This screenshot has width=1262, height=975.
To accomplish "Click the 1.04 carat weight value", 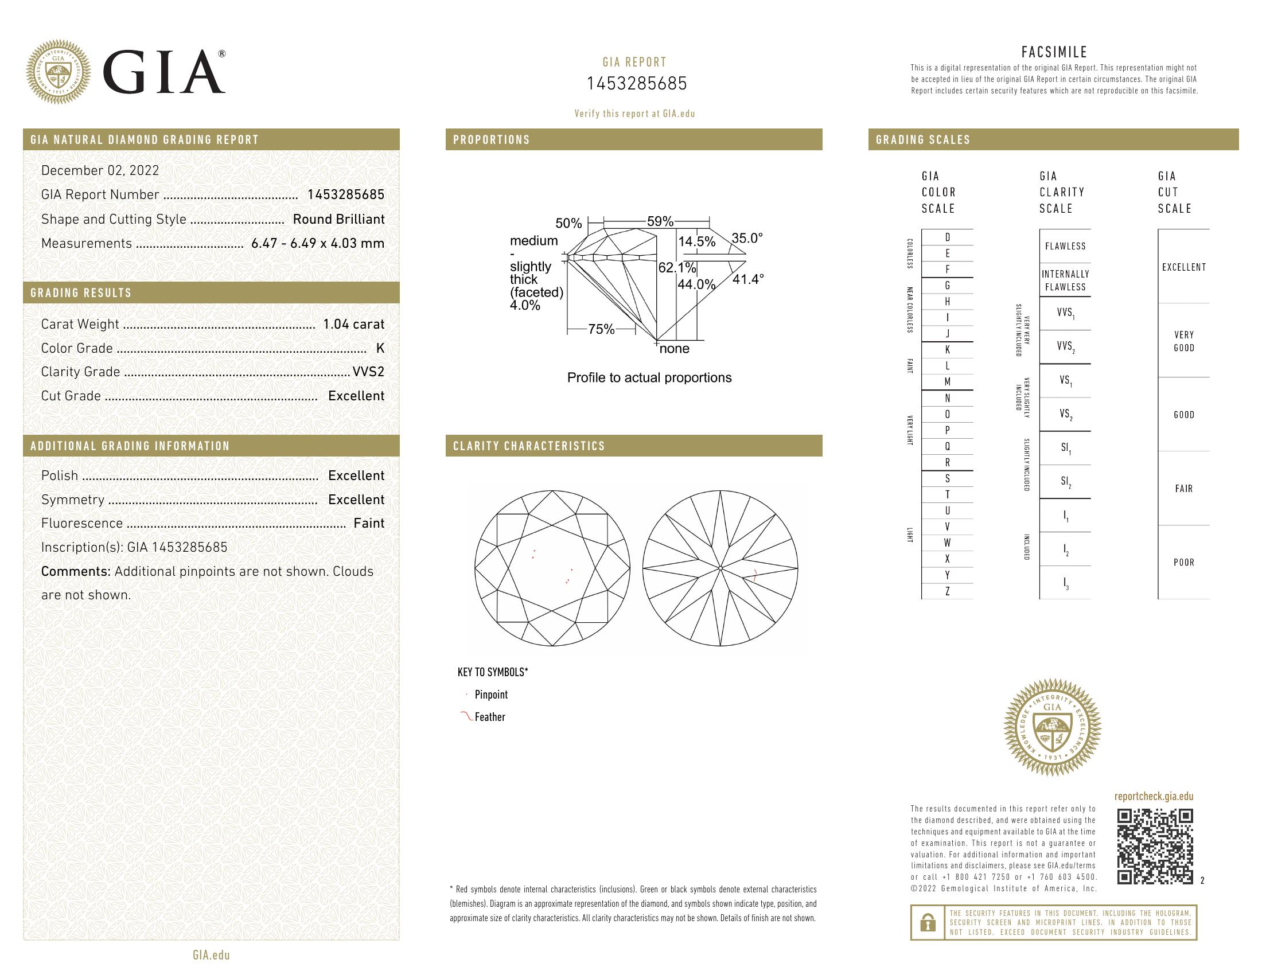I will [x=353, y=324].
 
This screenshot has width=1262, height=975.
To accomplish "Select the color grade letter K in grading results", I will [x=380, y=348].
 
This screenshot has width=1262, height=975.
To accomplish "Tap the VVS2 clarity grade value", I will [x=368, y=372].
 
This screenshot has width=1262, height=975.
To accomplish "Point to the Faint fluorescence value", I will [x=369, y=523].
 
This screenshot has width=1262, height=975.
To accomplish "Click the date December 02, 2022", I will [x=100, y=170].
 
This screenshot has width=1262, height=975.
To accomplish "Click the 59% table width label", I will [x=660, y=221].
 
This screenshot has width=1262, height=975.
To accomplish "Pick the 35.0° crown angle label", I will [x=747, y=238].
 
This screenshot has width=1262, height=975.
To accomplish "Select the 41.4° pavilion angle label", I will [x=748, y=279].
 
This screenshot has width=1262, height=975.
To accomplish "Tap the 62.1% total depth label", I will [x=677, y=268].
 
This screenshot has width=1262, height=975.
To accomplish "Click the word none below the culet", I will [x=675, y=349].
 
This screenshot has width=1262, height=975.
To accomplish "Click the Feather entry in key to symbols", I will [x=489, y=717].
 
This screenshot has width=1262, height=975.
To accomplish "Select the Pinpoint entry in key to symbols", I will [x=491, y=695].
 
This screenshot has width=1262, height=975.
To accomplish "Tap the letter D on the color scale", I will [x=947, y=237].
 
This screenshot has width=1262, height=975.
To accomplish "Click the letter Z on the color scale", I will [x=947, y=591].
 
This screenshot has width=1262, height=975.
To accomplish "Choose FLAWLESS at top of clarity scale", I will [x=1065, y=246].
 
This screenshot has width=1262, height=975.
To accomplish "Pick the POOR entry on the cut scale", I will [x=1183, y=562].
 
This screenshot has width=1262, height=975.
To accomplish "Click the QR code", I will [x=1155, y=846].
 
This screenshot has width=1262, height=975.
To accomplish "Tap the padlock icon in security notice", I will [x=928, y=922].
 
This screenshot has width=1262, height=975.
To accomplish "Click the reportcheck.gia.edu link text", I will [x=1154, y=797].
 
